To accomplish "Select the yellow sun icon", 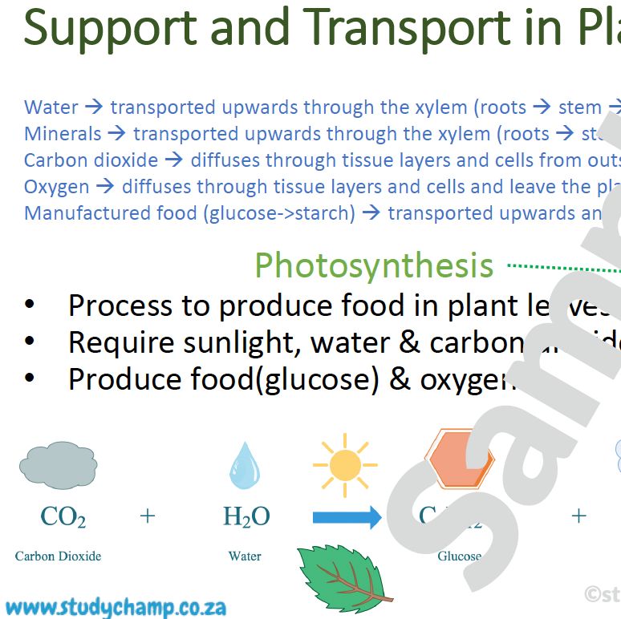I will tap(345, 465).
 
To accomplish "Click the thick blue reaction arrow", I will tap(347, 517).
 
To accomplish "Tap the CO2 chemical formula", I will tap(63, 517).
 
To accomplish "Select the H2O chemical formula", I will tap(246, 517).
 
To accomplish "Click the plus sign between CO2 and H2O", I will tap(147, 516).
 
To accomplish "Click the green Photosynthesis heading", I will tap(374, 265).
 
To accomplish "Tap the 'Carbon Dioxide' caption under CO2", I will tap(59, 556).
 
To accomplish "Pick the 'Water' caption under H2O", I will tap(245, 556).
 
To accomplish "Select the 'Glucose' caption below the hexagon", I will tap(459, 556).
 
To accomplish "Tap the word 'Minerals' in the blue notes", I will tap(63, 134).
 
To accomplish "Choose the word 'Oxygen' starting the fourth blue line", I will tap(57, 187).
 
